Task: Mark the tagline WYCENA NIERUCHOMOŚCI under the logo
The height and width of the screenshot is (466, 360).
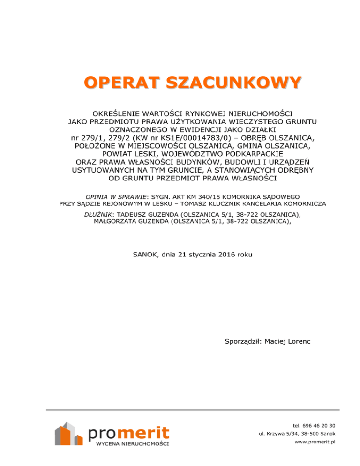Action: [132, 443]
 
